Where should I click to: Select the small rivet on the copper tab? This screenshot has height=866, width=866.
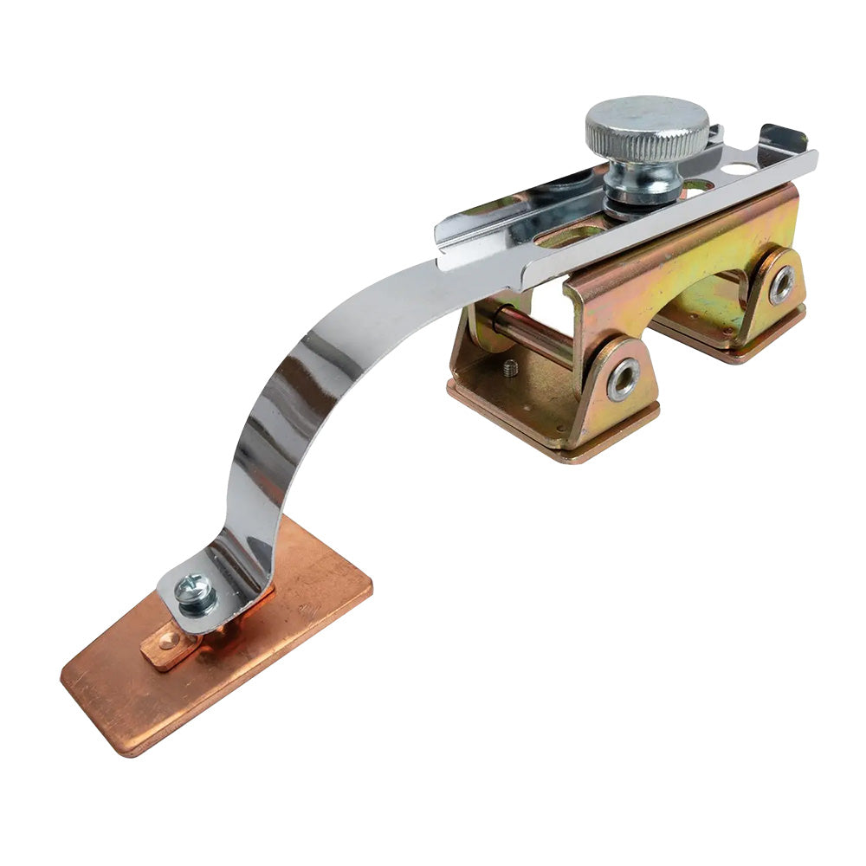point(168,641)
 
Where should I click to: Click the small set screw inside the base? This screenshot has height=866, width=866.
point(511,367)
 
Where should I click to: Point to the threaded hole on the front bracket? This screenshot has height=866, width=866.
point(623,379)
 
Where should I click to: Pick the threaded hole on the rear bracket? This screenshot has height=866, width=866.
point(781,284)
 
